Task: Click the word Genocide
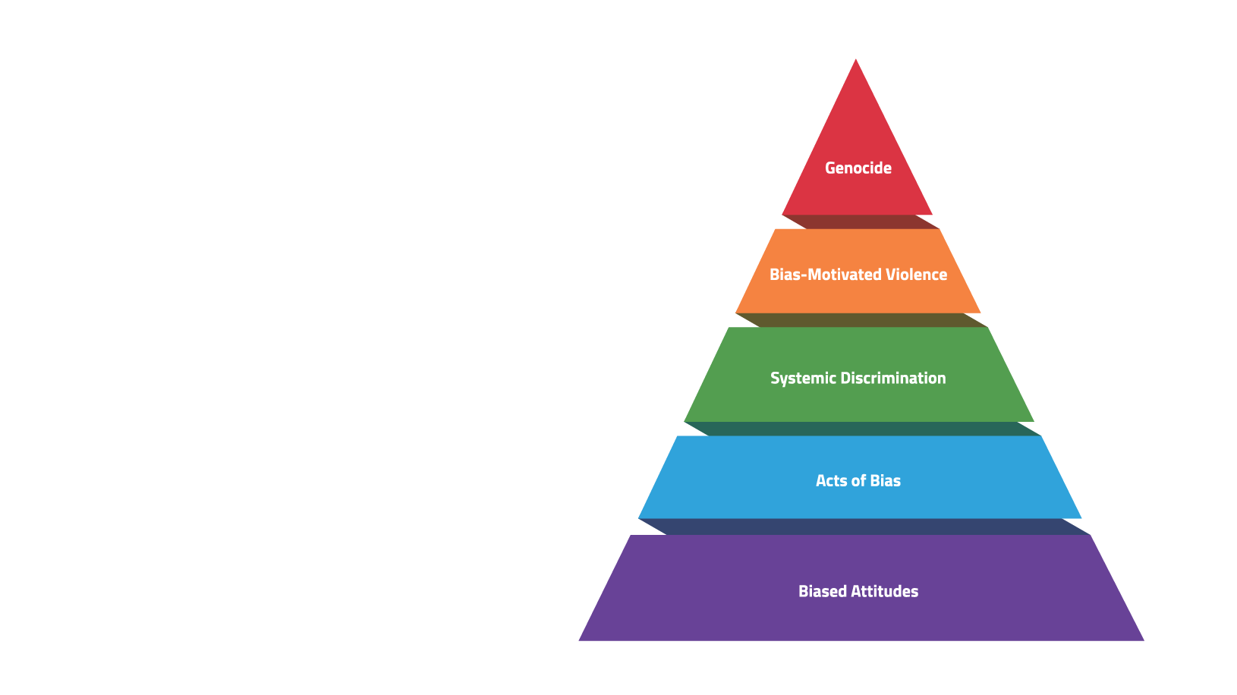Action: (858, 168)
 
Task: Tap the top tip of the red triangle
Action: (856, 59)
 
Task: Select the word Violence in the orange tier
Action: (916, 275)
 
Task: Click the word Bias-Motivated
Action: (826, 275)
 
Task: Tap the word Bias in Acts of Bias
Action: (885, 481)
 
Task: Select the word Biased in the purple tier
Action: (823, 591)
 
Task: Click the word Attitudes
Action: (885, 591)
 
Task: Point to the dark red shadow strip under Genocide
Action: (861, 222)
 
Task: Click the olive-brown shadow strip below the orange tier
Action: (861, 320)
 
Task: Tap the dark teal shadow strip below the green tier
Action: (863, 429)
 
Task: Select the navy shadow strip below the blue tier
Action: (864, 527)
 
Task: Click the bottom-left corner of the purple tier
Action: (579, 640)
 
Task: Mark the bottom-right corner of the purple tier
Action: (1144, 640)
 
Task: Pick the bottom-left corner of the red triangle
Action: (782, 215)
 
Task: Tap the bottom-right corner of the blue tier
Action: (1081, 517)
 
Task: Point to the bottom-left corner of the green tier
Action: (685, 421)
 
